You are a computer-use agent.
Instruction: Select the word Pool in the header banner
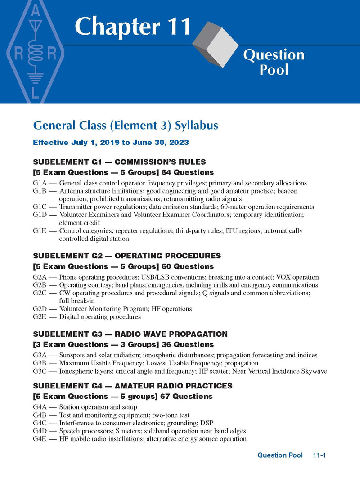pos(274,70)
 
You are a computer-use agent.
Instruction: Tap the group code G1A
pos(40,183)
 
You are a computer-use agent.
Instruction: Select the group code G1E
pos(40,231)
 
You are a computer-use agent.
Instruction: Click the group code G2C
pos(40,293)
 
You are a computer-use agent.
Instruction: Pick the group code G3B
pos(40,363)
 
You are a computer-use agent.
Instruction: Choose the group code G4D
pos(40,431)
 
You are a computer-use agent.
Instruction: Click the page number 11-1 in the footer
pos(319,455)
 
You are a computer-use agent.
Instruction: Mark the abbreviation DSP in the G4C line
pos(206,423)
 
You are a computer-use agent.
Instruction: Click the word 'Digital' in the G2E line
pos(69,317)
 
